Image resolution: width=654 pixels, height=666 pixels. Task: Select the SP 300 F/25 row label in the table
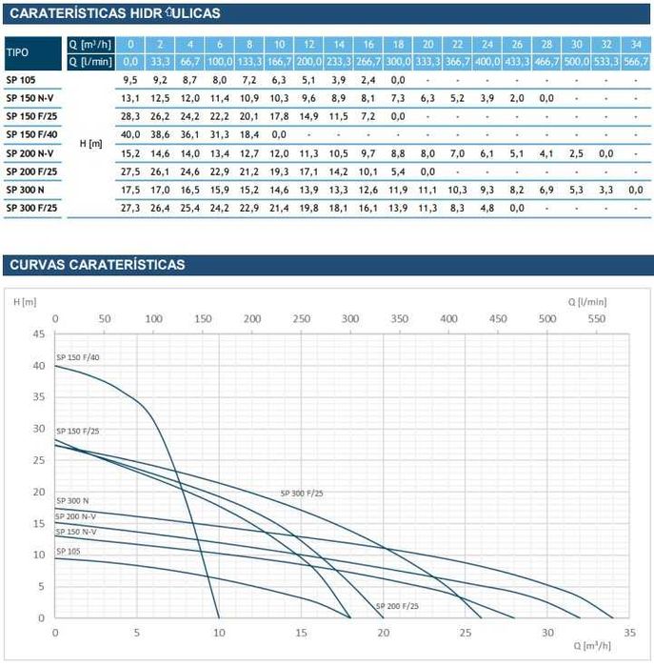(x=31, y=207)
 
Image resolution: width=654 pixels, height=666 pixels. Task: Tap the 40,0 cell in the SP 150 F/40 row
(x=130, y=134)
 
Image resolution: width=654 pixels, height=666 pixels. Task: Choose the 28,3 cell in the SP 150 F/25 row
(x=130, y=116)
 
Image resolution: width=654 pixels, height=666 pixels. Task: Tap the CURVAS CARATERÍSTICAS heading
(x=96, y=264)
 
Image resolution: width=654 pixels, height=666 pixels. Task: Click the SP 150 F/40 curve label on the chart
(x=77, y=357)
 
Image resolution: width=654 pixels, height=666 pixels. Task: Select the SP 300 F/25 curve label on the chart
(x=302, y=494)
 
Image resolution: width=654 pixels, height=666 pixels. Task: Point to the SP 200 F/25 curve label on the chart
(x=397, y=606)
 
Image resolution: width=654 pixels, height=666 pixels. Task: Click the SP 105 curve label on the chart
(x=69, y=551)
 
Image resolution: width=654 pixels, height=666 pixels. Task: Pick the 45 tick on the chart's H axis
(x=38, y=334)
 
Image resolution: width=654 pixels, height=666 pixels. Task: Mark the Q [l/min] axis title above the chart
(x=587, y=301)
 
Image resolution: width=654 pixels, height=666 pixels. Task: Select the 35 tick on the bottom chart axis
(x=629, y=632)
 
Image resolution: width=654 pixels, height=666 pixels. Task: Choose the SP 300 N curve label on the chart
(x=72, y=500)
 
